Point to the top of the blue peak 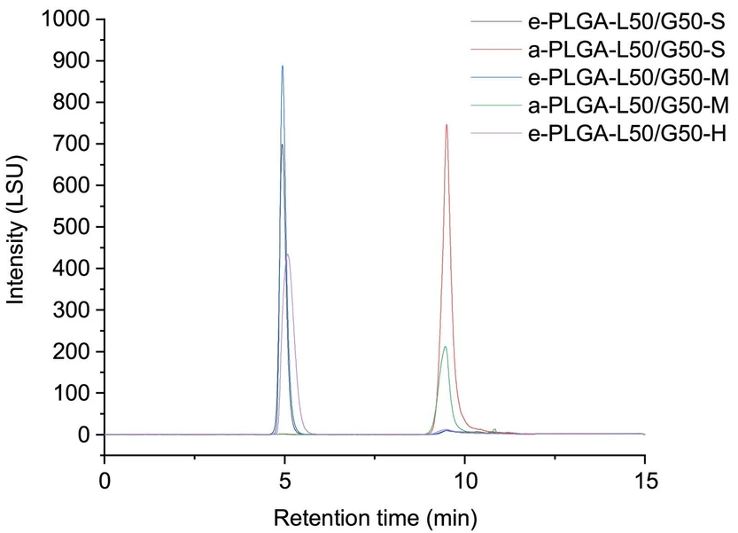tap(283, 66)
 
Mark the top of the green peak tap(445, 347)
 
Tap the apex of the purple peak tap(287, 255)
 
